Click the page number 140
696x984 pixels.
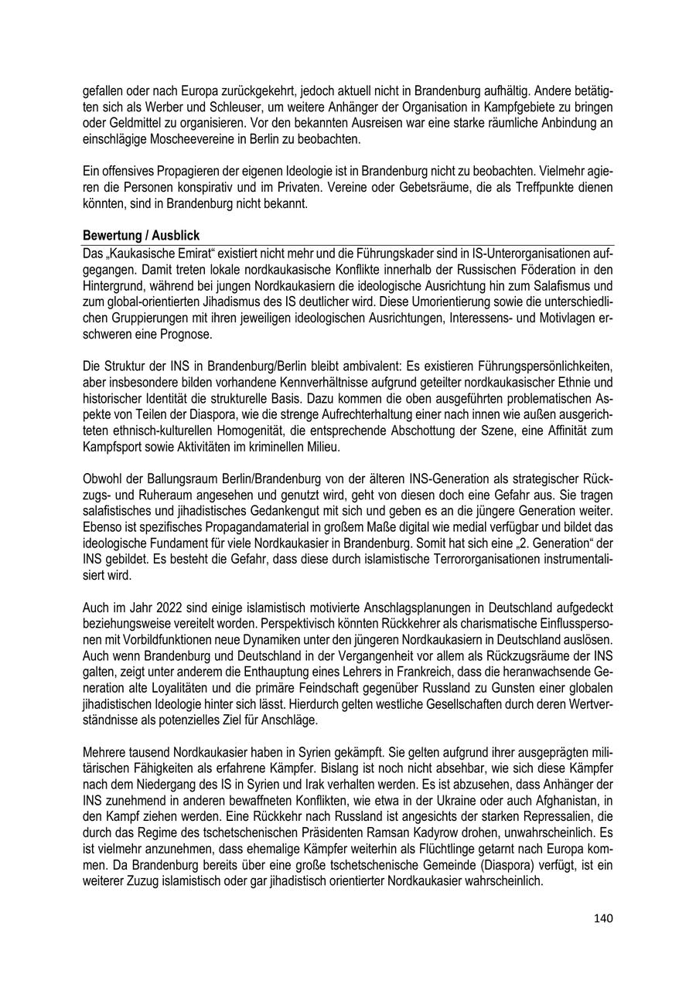tap(603, 918)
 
